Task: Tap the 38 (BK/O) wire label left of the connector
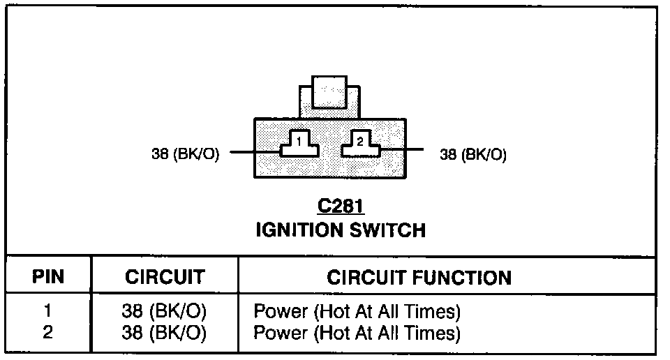[186, 154]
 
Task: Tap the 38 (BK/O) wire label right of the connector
[473, 154]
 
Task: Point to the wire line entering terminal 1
[255, 151]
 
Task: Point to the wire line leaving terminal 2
[401, 149]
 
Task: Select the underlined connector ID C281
[341, 207]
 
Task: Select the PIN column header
[48, 277]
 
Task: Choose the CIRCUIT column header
[165, 277]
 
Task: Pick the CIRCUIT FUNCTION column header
[419, 277]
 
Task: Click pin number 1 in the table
[47, 310]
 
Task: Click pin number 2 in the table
[47, 333]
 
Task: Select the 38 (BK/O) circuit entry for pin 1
[164, 310]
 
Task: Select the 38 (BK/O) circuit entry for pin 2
[164, 333]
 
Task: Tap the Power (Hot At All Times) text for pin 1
[357, 310]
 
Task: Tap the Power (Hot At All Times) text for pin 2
[357, 333]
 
